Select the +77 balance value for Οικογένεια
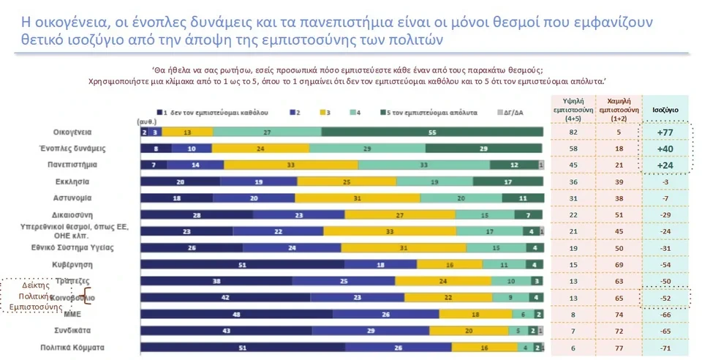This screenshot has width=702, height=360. (665, 132)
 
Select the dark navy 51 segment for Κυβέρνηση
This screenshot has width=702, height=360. (242, 264)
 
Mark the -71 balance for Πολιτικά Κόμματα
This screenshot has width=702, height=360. (665, 348)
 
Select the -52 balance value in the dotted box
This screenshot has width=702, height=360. (665, 298)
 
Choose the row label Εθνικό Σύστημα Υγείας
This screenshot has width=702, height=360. (86, 247)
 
